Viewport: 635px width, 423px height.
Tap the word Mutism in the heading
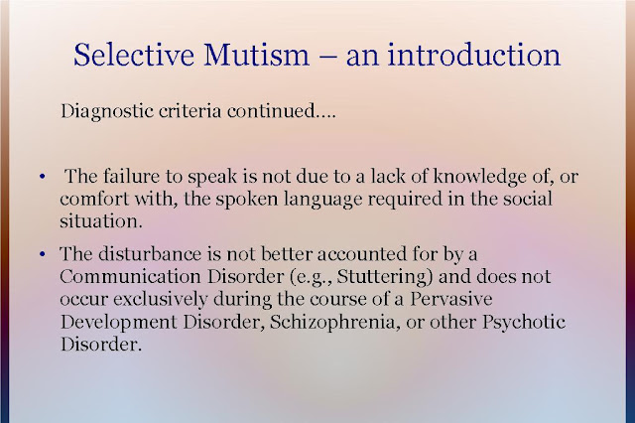(256, 55)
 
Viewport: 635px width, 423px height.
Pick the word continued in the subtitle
(271, 110)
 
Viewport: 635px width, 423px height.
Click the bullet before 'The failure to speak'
(42, 177)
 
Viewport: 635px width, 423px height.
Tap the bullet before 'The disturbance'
(42, 254)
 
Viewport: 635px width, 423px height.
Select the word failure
(131, 176)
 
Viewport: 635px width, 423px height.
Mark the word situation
(100, 221)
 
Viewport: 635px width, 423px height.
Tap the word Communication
(130, 277)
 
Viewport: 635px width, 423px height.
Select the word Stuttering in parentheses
(382, 278)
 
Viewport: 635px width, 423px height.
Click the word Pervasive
(451, 299)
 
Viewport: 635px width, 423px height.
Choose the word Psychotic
(523, 323)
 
